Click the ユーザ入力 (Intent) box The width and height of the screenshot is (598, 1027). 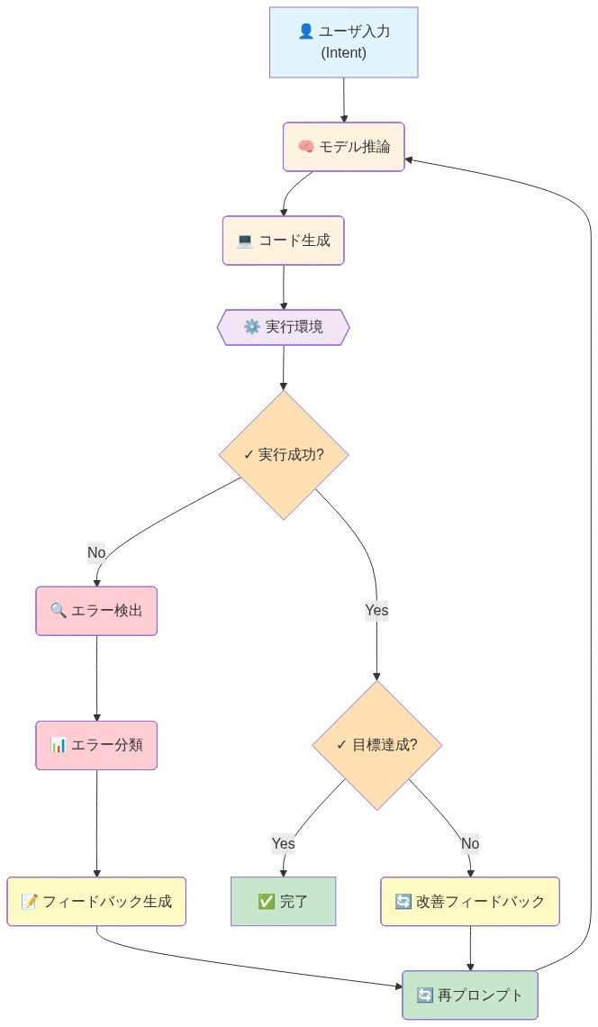coord(343,42)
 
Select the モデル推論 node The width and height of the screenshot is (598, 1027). coord(343,147)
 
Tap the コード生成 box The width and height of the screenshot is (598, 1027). coord(284,241)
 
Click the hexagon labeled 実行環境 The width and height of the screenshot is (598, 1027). coord(283,327)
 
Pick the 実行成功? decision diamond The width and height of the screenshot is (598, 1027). coord(284,454)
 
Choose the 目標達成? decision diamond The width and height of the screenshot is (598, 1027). coord(376,744)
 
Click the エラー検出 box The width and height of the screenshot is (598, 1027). coord(96,611)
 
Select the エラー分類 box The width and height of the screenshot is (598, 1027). coord(96,745)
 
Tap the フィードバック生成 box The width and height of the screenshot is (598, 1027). coord(96,901)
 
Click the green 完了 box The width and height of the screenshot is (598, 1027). coord(283,901)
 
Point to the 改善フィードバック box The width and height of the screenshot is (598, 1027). coord(470,901)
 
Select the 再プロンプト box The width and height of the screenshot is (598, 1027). coord(470,995)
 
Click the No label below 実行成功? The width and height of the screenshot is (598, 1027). coord(96,552)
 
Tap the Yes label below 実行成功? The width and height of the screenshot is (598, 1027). coord(376,610)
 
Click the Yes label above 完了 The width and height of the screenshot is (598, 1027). coord(283,843)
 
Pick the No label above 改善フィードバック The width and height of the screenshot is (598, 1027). coord(470,843)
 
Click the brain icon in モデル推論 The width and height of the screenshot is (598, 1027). coord(305,147)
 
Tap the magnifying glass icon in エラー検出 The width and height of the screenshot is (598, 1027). coord(59,611)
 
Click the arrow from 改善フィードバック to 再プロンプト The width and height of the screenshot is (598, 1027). coord(470,948)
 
